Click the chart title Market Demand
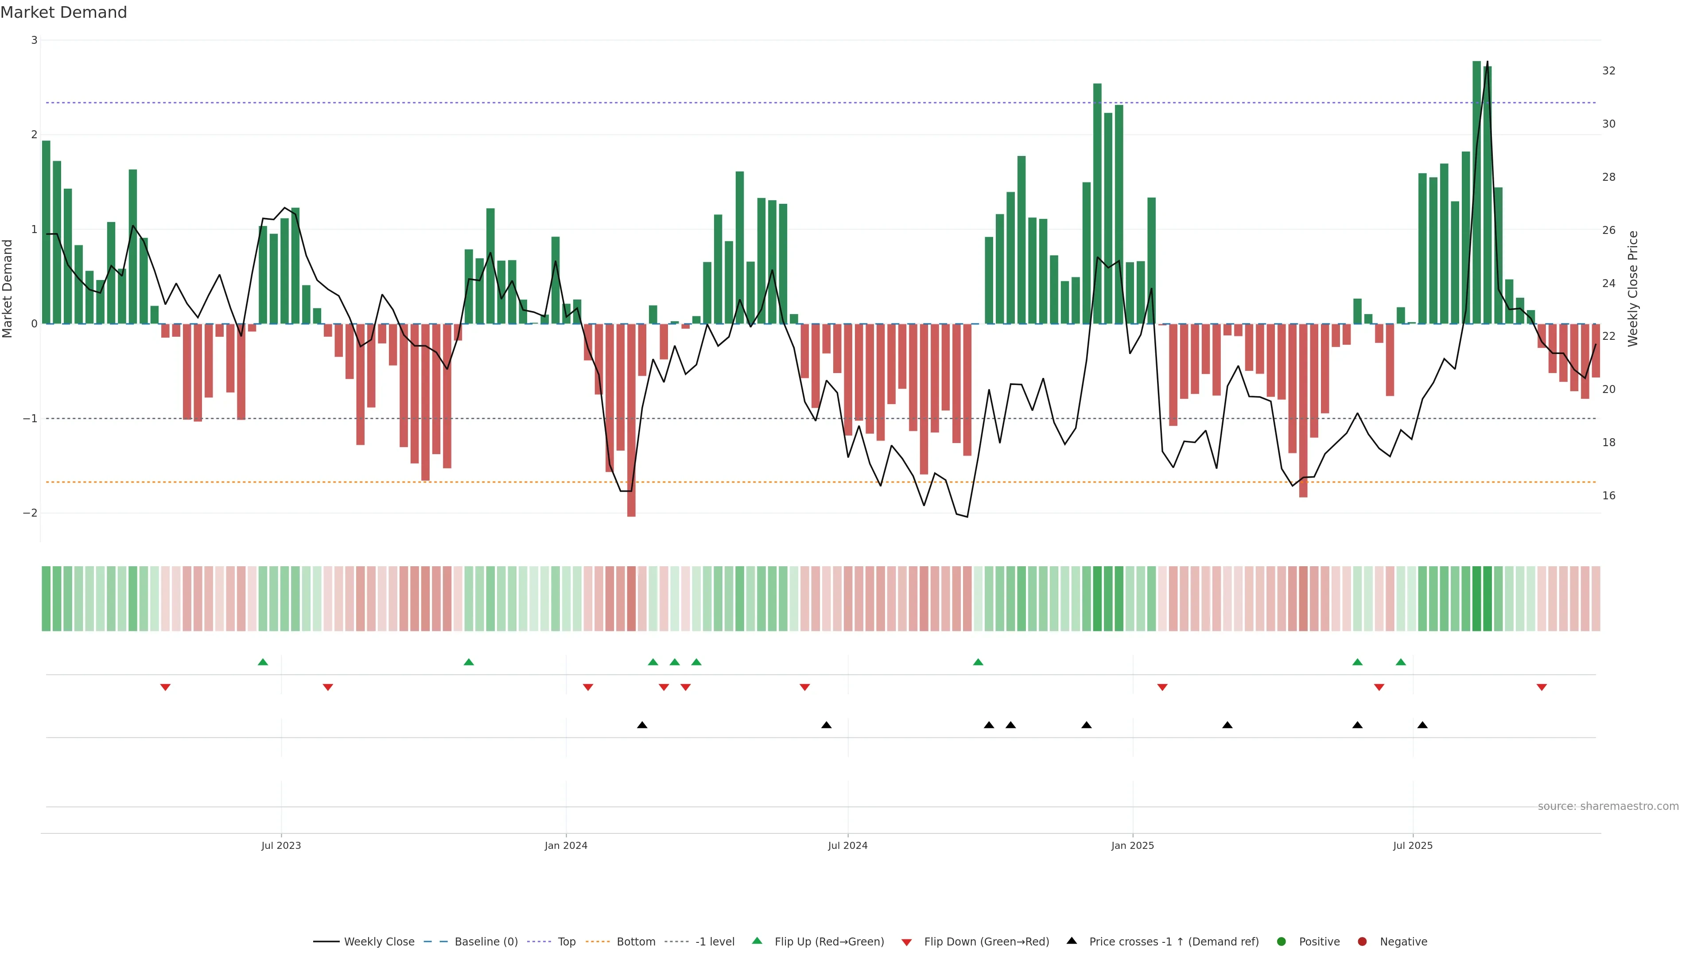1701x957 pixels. [x=63, y=12]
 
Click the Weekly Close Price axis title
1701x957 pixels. [x=1633, y=288]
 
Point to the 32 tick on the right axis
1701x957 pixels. [x=1608, y=71]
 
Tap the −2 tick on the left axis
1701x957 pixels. [x=30, y=513]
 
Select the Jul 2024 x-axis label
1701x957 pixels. [x=847, y=845]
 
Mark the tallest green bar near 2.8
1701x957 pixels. [x=1476, y=191]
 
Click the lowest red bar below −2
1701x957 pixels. [x=631, y=423]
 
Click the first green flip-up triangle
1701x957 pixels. [x=263, y=662]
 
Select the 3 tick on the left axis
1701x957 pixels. [x=35, y=40]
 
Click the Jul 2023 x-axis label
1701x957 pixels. [x=281, y=845]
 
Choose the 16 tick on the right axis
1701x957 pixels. [x=1608, y=495]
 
